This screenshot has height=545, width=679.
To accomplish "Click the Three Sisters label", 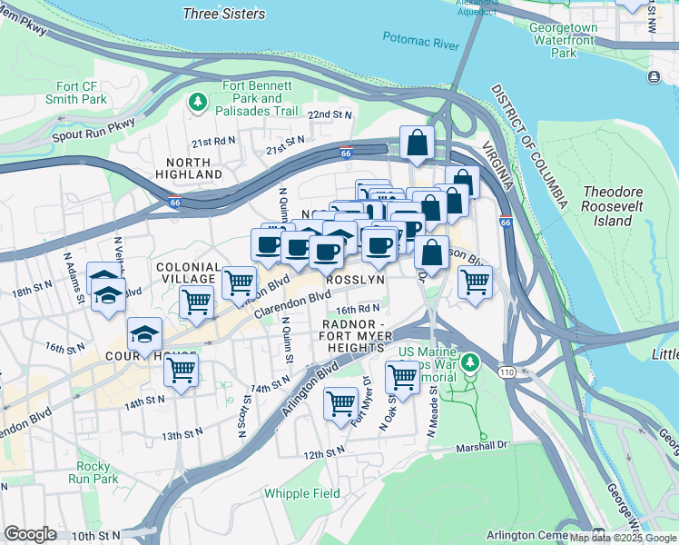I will tap(224, 14).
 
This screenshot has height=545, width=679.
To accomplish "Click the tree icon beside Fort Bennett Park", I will tap(197, 102).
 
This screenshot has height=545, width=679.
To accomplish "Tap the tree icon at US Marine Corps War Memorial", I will tap(469, 363).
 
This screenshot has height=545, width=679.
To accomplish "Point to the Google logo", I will tap(30, 534).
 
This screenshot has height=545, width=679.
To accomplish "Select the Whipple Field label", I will tap(302, 493).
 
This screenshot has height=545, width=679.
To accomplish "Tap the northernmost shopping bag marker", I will tap(417, 143).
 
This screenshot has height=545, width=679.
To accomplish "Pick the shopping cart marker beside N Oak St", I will tap(402, 376).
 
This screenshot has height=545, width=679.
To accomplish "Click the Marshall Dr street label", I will tap(482, 446).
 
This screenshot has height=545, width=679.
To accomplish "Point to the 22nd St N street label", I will tap(329, 115).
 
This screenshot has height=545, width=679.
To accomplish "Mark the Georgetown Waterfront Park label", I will tap(564, 41).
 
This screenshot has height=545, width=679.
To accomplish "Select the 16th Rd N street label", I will tap(357, 309).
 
